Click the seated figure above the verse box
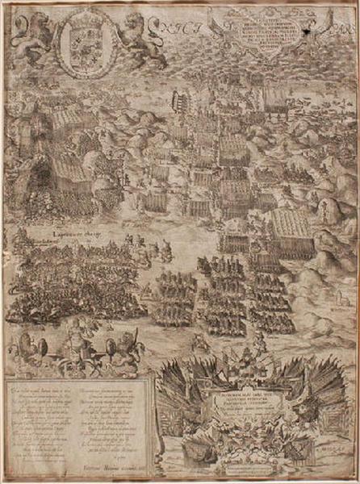coord(76,339)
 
